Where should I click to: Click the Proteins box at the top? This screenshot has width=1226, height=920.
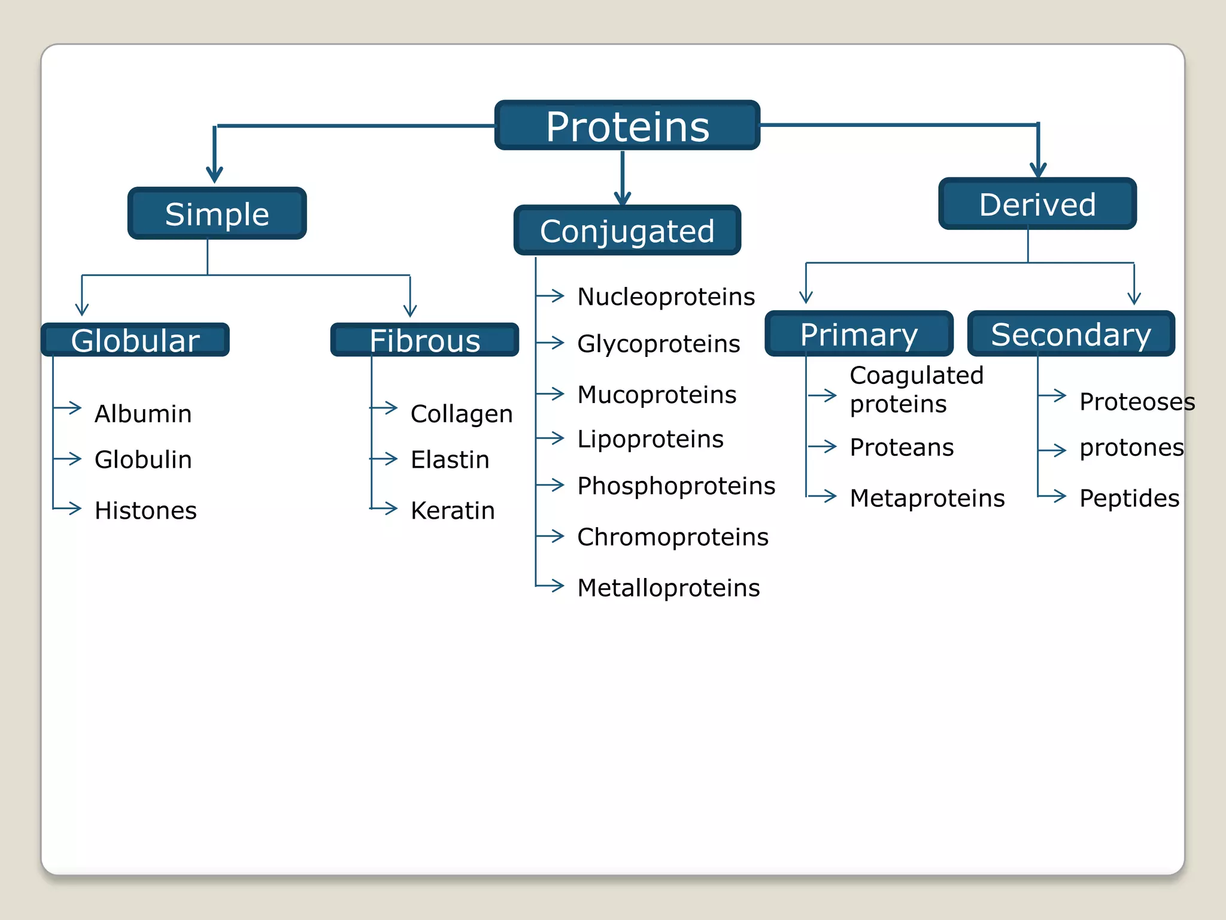click(627, 125)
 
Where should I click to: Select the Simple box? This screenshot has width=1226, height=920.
click(217, 214)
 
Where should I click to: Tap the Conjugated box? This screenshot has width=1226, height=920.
click(627, 231)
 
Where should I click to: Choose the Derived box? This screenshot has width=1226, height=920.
click(1037, 204)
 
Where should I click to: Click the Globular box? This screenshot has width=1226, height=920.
click(135, 340)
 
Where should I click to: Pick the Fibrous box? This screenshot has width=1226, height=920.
click(424, 340)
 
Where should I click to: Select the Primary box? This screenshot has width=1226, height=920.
click(858, 334)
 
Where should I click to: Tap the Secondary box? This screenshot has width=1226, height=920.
click(1070, 334)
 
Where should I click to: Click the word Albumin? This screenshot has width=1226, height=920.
click(143, 414)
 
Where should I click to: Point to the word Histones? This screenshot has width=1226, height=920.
click(145, 510)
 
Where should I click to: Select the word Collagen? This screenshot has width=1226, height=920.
click(461, 414)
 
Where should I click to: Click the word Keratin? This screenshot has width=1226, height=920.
click(453, 510)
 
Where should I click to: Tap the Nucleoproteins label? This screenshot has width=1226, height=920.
click(666, 296)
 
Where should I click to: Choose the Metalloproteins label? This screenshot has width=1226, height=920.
click(668, 588)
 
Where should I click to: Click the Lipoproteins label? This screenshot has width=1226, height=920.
click(650, 439)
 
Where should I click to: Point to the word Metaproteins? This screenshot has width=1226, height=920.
click(927, 498)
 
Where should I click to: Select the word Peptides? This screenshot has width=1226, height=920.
click(1129, 498)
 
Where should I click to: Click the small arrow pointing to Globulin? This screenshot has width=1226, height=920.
click(68, 459)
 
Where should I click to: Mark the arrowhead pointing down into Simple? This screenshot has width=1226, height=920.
click(214, 174)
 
